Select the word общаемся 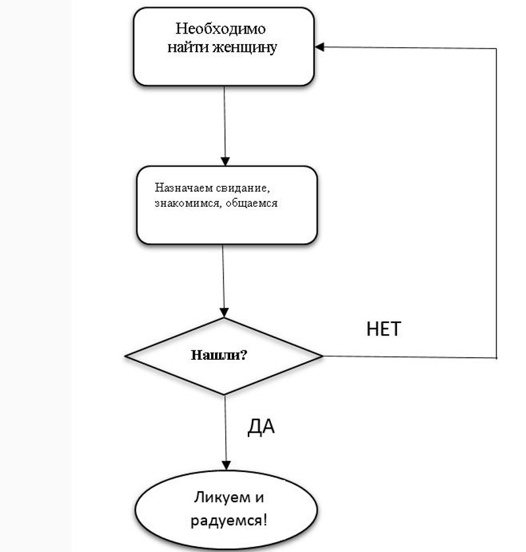[251, 203]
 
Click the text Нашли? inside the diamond [219, 355]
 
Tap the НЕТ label [383, 329]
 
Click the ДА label [261, 427]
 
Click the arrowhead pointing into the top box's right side [320, 47]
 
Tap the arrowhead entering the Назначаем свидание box [226, 161]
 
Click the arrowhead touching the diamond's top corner [226, 313]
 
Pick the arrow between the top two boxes [225, 125]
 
